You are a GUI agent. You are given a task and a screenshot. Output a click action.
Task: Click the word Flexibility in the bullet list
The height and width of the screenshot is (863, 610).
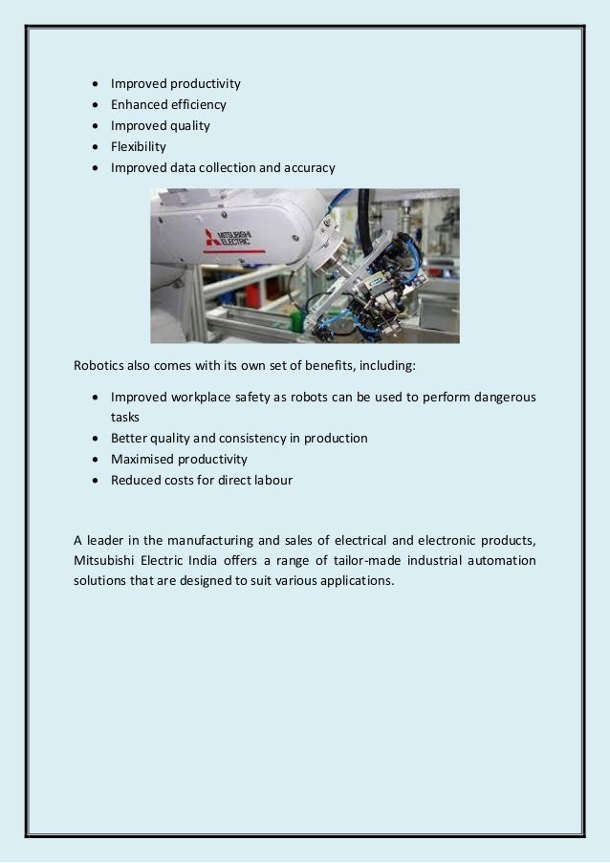click(x=138, y=147)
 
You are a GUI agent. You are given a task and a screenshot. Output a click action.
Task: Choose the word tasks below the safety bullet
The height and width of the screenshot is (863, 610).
click(x=124, y=418)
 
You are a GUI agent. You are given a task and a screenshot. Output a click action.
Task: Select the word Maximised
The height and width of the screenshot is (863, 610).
click(x=142, y=460)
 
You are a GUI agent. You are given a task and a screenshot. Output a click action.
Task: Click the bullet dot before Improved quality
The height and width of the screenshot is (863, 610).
click(x=97, y=126)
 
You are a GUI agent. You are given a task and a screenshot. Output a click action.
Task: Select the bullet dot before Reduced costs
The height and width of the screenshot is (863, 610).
click(x=97, y=481)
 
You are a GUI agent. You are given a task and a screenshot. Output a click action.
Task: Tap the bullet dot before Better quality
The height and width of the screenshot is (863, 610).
click(x=97, y=439)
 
